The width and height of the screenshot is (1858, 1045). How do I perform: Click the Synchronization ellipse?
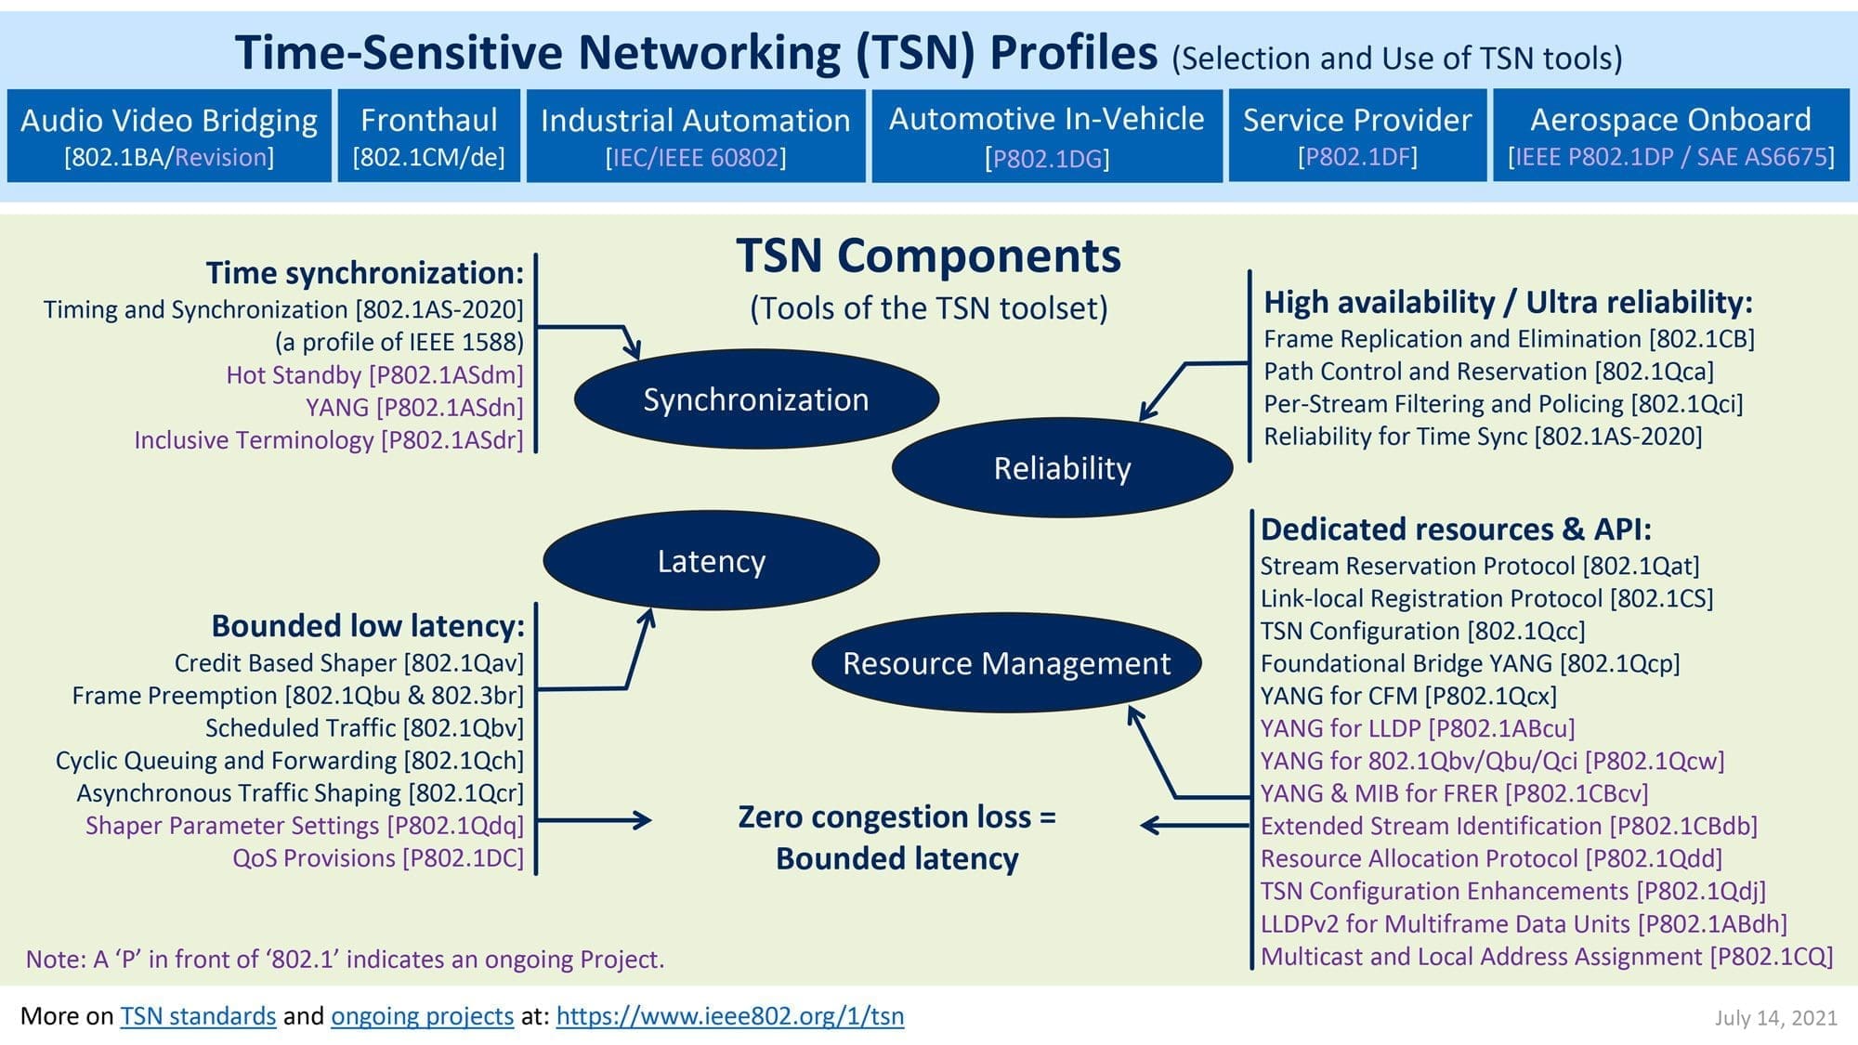756,399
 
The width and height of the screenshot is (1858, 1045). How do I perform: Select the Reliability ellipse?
1062,468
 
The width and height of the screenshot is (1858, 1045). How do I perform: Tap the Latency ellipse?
711,561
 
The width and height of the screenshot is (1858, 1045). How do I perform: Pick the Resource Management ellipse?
1006,663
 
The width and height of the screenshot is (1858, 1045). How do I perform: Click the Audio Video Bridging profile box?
169,136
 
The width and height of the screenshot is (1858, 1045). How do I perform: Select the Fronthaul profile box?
428,136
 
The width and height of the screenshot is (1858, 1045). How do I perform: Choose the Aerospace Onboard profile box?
1670,136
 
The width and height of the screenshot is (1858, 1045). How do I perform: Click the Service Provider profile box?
1357,136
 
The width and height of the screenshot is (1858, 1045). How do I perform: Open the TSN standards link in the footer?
198,1015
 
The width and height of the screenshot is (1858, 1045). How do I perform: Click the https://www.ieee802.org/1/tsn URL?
729,1015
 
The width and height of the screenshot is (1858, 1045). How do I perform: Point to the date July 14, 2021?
1775,1018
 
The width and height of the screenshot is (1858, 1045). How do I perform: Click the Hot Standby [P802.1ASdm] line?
374,374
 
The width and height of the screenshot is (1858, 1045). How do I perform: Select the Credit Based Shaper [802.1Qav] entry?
349,663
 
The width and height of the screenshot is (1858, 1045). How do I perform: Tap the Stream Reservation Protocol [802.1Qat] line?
1479,566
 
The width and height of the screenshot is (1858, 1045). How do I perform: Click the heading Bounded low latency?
368,626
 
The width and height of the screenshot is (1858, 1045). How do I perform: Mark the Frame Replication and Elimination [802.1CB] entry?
1509,339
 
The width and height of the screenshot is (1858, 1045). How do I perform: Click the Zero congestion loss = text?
896,816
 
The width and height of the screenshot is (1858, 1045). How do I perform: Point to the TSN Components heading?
928,255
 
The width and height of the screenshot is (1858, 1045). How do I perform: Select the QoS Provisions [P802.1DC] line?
378,858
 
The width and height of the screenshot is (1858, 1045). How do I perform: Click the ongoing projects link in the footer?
422,1015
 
